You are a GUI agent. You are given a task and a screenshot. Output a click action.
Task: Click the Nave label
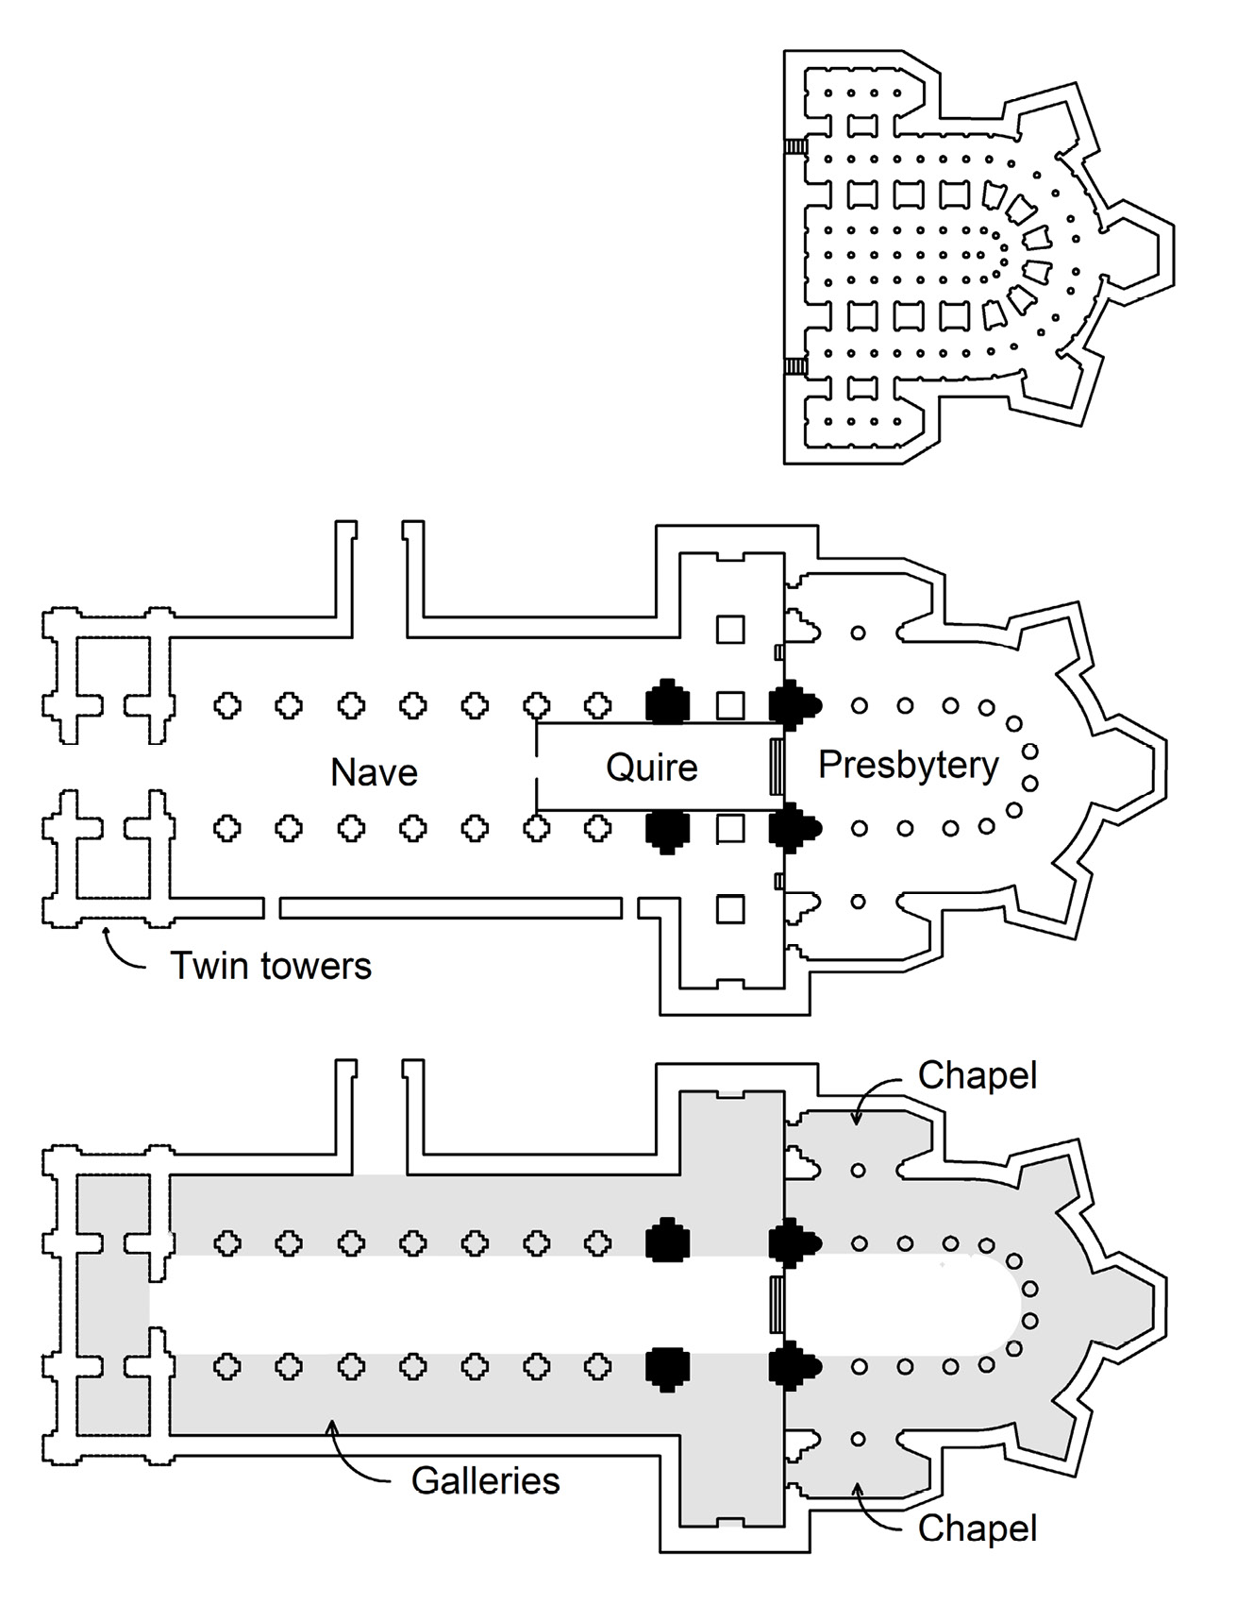(x=374, y=772)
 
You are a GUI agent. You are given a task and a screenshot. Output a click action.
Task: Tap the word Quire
(x=651, y=768)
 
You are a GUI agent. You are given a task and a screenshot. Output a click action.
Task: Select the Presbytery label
(x=908, y=765)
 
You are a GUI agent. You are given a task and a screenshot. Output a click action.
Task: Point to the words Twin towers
(x=271, y=966)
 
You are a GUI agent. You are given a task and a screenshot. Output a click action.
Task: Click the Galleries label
(x=485, y=1479)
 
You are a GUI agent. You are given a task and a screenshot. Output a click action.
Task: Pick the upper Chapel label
(x=977, y=1074)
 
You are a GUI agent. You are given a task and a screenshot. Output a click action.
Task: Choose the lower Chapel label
(x=977, y=1528)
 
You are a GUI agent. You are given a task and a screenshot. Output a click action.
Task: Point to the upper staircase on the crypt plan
(x=795, y=147)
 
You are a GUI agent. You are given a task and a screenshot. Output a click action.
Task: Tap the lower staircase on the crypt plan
(x=795, y=365)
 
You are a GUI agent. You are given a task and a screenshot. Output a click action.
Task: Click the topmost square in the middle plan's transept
(x=730, y=629)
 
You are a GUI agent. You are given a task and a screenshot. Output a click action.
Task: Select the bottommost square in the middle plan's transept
(x=730, y=908)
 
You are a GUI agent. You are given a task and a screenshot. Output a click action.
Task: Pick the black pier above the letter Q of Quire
(x=667, y=704)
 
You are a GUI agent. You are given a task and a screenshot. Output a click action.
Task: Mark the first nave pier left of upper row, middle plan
(x=227, y=705)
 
